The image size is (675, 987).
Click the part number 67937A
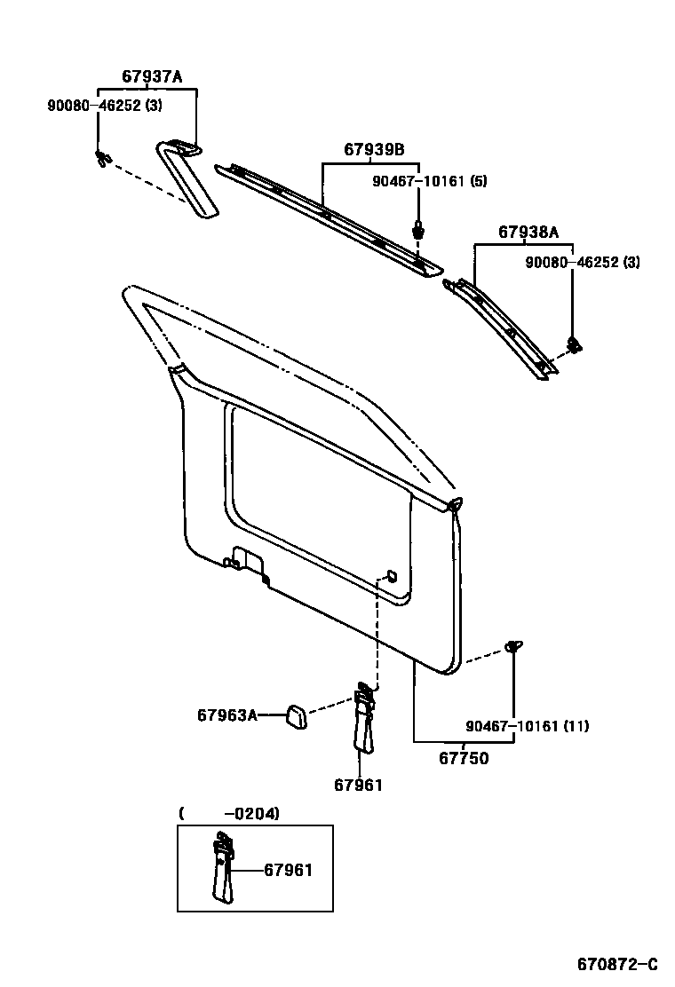coord(152,77)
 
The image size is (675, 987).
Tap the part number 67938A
coord(528,233)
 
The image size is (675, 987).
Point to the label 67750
coord(463,758)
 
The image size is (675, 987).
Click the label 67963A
coord(226,715)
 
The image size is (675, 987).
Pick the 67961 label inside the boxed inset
coord(288,870)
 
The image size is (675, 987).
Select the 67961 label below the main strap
coord(358,785)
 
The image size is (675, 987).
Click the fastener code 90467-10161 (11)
coord(527,726)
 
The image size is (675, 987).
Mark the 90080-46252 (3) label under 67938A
coord(582,262)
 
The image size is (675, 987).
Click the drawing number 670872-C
coord(617,965)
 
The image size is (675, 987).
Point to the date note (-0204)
coord(229,812)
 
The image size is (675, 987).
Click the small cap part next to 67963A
coord(296,715)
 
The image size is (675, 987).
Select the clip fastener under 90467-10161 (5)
coord(418,229)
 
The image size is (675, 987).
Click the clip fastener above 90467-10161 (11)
coord(513,647)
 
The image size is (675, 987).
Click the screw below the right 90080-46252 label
coord(574,344)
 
